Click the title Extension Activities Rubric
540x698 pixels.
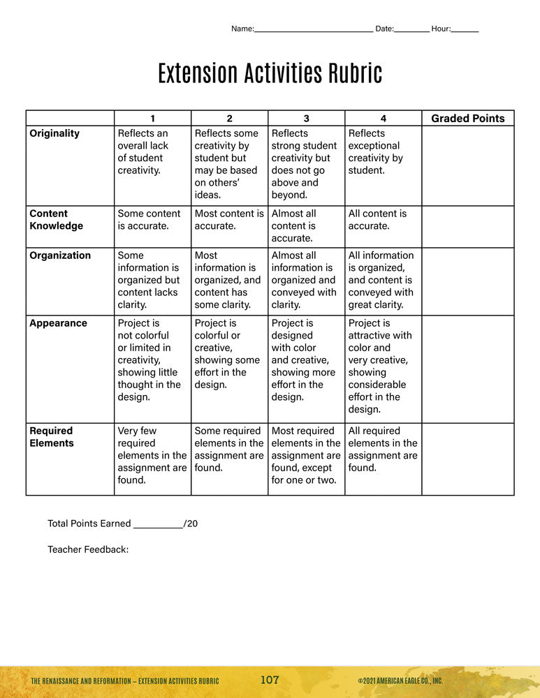pos(270,73)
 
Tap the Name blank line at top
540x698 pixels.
pos(313,31)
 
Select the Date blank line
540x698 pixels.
pos(412,31)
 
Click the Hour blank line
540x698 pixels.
pos(465,31)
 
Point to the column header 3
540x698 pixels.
pos(306,119)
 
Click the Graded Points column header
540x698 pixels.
pos(467,119)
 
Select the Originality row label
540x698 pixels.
pos(54,133)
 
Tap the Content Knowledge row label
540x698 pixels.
pos(56,220)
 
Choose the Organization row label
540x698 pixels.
pos(60,255)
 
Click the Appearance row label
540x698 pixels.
pos(59,323)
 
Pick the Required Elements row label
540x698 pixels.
pos(51,437)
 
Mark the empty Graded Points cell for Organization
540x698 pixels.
pos(467,281)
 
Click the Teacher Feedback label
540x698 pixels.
pos(88,550)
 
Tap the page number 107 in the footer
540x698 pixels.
pos(270,681)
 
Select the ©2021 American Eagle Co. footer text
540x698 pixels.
pos(400,681)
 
